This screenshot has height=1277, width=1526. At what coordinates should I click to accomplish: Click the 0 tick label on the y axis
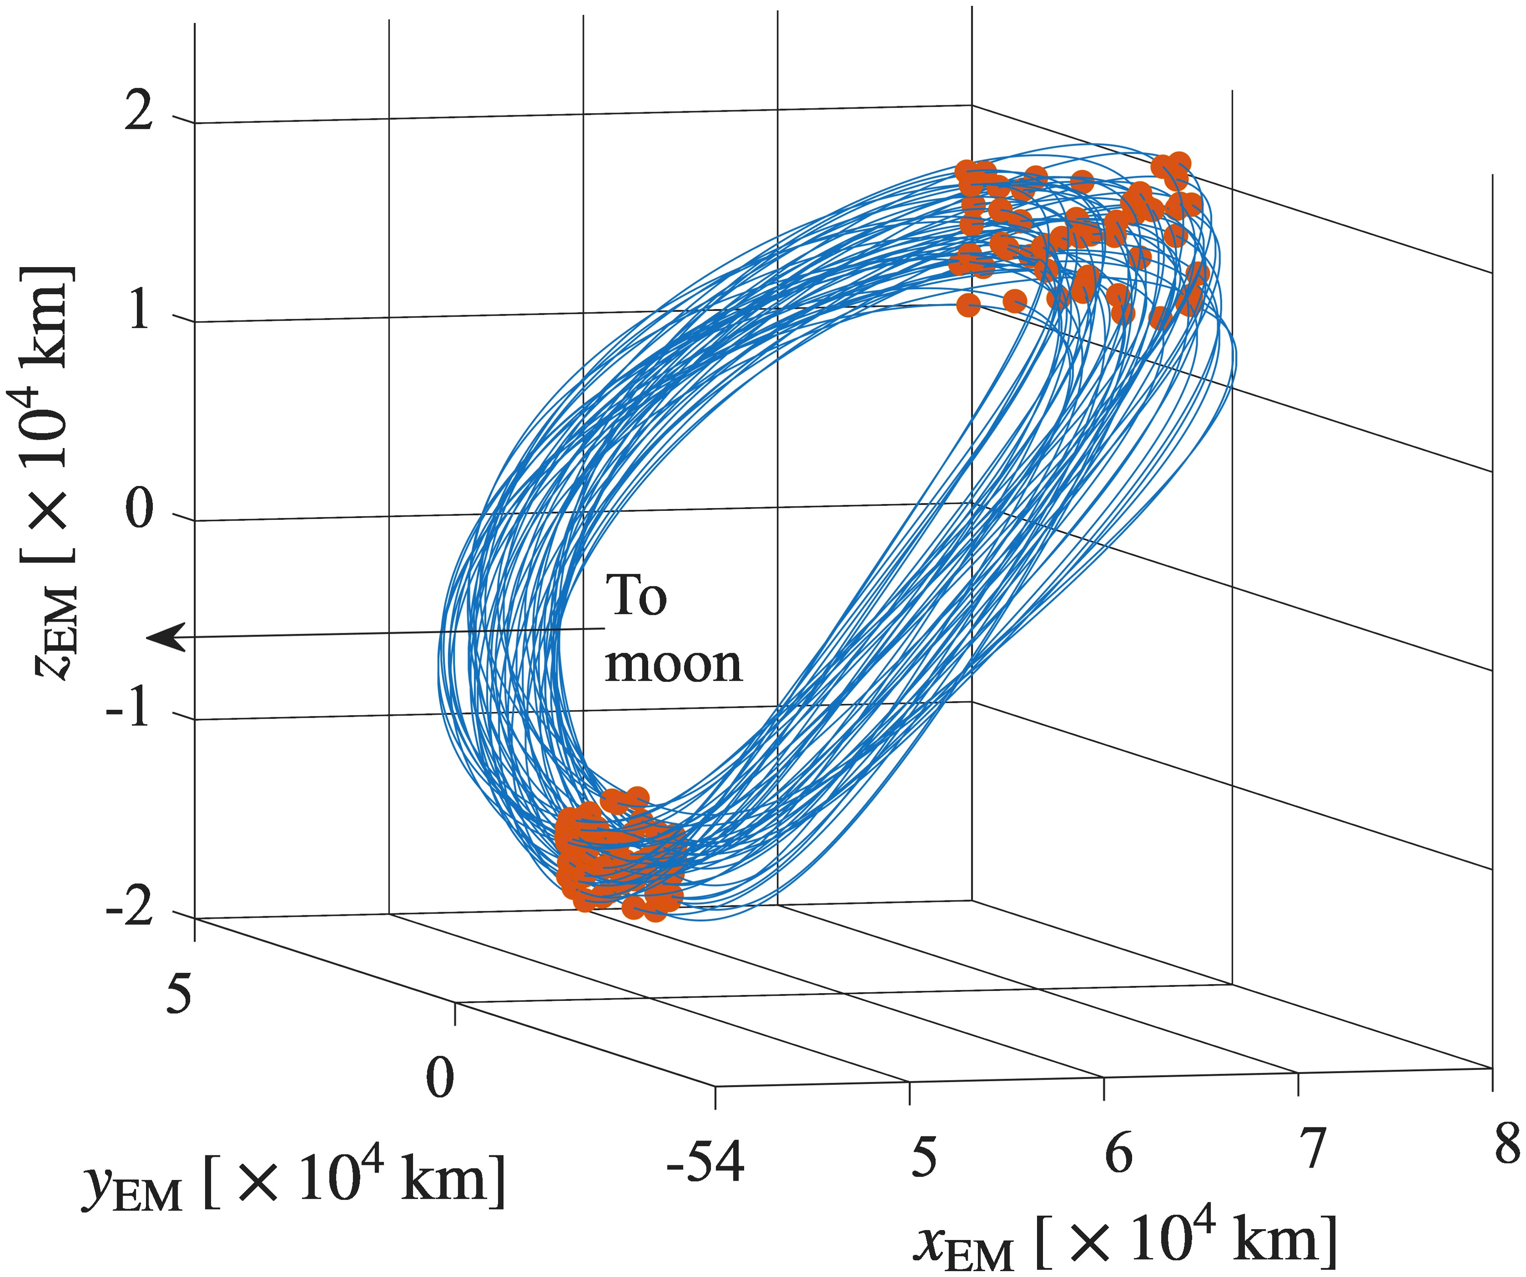(439, 1078)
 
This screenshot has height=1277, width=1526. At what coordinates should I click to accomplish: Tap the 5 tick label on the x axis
(923, 1157)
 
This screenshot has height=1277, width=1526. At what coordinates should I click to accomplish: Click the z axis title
(51, 472)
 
